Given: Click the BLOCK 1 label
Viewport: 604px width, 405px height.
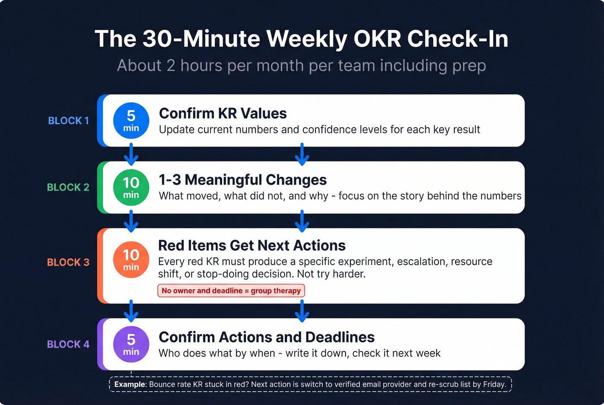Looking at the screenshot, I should point(68,121).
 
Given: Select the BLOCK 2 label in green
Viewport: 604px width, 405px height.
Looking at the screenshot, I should point(68,187).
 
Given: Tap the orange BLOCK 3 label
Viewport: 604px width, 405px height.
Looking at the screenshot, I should point(68,262).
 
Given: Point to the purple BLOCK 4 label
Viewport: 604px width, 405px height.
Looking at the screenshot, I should point(68,344).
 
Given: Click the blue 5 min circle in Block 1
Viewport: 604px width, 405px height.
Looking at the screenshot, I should point(131,121).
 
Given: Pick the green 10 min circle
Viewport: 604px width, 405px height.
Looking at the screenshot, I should point(131,187).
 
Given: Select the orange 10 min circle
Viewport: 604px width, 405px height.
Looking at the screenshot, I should point(131,260).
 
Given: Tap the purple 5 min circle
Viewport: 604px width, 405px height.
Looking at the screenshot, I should point(131,344).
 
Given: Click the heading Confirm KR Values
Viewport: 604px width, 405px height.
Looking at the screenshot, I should point(223,113).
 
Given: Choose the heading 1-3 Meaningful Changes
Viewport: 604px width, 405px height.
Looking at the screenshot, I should point(242,180).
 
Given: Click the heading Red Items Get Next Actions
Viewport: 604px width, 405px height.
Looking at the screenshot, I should point(252,245).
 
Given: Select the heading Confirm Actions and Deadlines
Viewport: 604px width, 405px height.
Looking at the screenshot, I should point(267,337).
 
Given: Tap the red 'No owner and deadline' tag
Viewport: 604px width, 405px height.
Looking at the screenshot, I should point(231,291).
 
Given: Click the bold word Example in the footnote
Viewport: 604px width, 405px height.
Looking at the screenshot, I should point(130,384).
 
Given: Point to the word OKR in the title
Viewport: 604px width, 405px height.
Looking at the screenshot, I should point(377,39).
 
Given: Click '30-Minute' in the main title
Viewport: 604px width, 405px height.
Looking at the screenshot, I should point(201,39).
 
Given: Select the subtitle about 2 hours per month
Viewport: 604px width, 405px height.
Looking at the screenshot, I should point(302,66).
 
